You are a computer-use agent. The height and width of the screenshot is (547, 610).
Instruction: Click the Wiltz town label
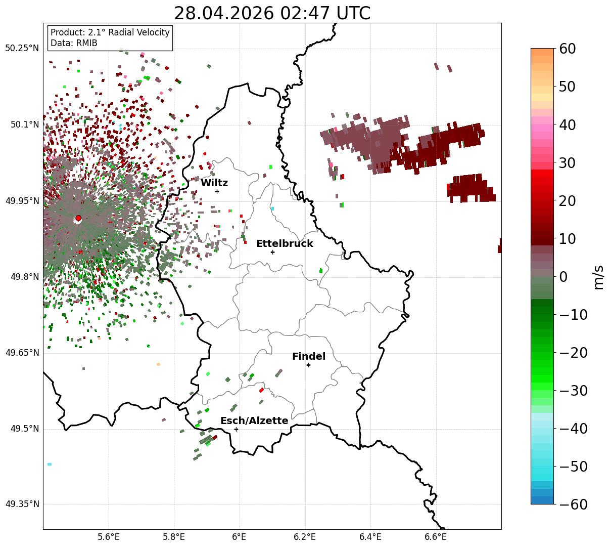pos(214,183)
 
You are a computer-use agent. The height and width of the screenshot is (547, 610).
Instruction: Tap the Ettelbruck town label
pos(284,243)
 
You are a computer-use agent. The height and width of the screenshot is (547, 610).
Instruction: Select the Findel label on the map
pos(309,356)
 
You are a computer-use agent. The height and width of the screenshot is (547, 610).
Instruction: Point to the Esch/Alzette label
pos(254,420)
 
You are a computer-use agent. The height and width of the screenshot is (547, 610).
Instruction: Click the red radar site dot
pos(78,218)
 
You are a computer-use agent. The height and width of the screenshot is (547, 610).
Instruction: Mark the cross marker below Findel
pos(308,365)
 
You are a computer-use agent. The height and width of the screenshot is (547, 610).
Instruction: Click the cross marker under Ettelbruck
pos(272,253)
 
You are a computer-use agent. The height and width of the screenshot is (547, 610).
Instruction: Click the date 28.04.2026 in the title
pos(224,13)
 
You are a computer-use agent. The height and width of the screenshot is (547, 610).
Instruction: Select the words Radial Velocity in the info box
pos(139,32)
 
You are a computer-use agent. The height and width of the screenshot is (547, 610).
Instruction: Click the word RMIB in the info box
pos(87,43)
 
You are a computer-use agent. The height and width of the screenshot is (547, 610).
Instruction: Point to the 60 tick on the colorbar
pos(567,49)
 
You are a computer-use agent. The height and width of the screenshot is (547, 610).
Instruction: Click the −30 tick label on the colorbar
pos(573,391)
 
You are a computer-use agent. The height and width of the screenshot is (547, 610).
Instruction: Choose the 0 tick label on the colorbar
pos(564,277)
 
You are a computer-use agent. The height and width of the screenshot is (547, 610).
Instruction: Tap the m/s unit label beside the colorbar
pos(598,277)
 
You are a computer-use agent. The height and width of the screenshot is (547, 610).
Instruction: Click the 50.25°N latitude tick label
pos(22,48)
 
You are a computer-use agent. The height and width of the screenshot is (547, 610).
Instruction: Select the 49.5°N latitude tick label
pos(25,429)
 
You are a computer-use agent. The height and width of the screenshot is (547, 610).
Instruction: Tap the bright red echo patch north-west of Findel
pos(261,390)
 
